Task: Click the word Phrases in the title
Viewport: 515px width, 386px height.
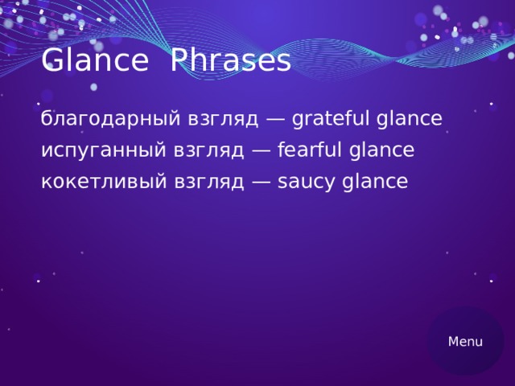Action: pyautogui.click(x=231, y=61)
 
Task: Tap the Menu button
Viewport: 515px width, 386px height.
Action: pyautogui.click(x=465, y=342)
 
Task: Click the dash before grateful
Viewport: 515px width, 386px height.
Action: pyautogui.click(x=275, y=120)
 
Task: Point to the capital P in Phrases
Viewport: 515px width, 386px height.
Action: pyautogui.click(x=182, y=61)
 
